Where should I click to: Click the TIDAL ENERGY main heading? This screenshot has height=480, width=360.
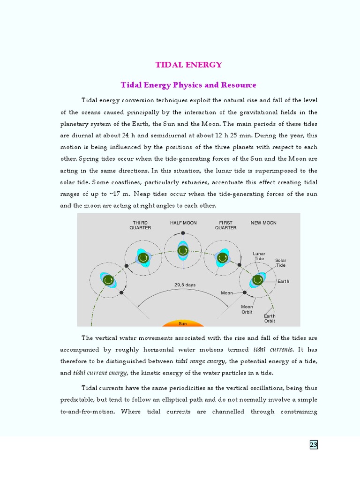(x=188, y=65)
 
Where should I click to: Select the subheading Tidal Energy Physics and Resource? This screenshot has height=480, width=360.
(x=188, y=85)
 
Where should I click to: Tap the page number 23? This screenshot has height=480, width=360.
(x=314, y=445)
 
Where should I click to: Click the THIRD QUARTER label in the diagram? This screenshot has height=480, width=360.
(x=140, y=225)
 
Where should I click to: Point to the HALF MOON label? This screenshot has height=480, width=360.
(x=183, y=223)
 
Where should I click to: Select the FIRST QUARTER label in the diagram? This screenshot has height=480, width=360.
(x=225, y=225)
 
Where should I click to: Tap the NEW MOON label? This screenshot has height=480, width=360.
(x=263, y=223)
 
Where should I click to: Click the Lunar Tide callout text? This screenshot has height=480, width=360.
(x=259, y=256)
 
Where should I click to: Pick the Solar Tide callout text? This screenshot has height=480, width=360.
(x=280, y=262)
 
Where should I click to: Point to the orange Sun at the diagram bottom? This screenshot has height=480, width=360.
(x=183, y=323)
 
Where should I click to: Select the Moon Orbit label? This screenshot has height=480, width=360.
(x=247, y=309)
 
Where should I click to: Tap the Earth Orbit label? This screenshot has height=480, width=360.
(x=270, y=319)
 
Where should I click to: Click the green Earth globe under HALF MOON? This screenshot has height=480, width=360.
(x=183, y=251)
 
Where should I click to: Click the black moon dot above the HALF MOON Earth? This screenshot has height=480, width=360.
(x=183, y=233)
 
